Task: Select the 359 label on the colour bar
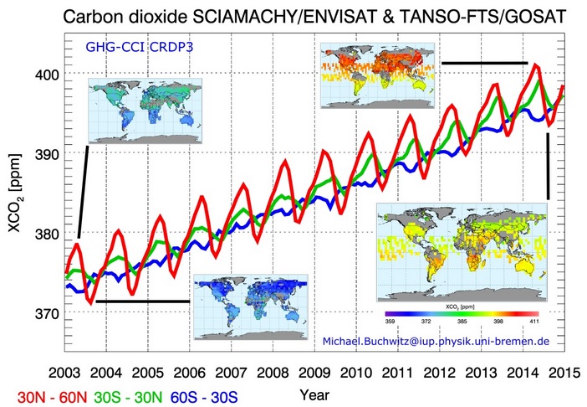389,322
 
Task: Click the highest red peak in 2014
535,64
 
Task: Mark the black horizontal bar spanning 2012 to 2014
484,63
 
